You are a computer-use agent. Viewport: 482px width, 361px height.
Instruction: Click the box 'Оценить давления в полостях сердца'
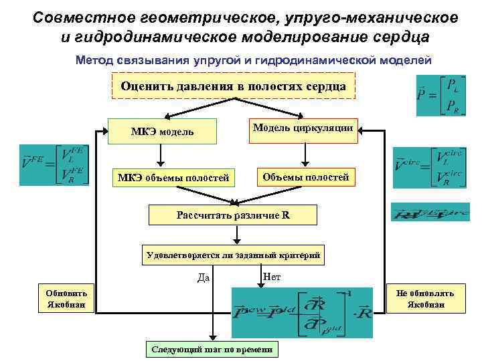point(233,86)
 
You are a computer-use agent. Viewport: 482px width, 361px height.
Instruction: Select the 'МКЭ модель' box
point(163,131)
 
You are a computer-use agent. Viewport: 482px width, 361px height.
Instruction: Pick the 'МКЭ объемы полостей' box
point(173,177)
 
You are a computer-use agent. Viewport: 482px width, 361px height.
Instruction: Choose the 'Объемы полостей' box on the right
point(305,176)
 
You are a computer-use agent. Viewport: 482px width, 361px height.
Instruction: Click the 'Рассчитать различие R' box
point(234,215)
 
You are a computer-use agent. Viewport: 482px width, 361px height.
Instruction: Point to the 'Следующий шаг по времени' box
point(213,350)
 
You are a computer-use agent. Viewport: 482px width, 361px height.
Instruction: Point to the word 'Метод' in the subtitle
point(96,60)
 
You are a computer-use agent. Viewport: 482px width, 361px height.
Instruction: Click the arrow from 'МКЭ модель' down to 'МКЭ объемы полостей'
point(159,155)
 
